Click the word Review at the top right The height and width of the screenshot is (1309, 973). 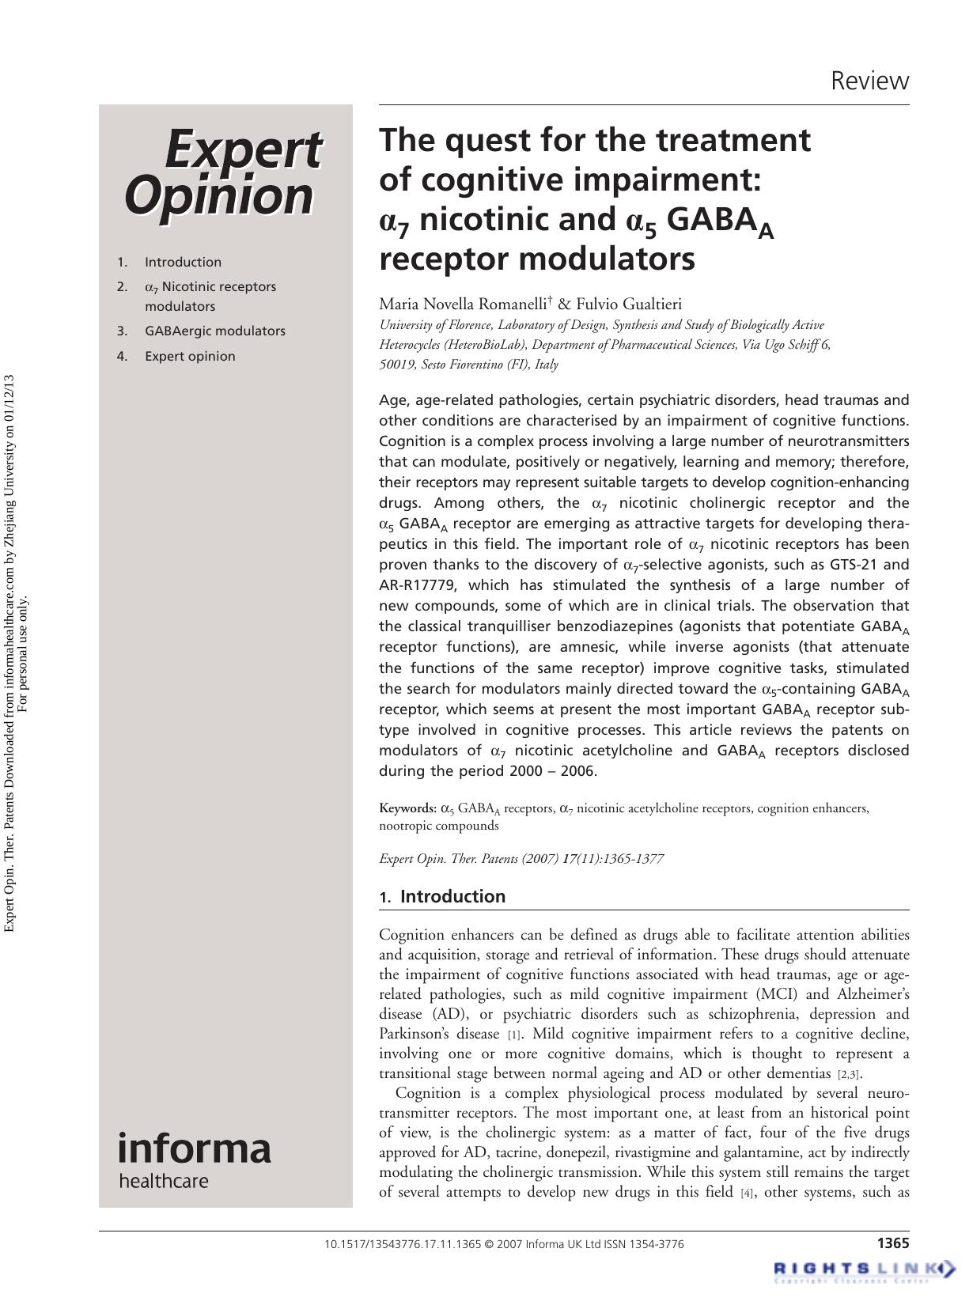[869, 81]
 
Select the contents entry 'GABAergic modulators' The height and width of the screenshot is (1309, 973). [214, 331]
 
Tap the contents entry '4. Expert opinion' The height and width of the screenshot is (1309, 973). [189, 356]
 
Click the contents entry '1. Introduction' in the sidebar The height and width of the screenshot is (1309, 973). [182, 262]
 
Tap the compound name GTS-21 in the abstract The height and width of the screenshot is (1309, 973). [854, 565]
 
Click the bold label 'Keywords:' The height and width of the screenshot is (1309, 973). [407, 808]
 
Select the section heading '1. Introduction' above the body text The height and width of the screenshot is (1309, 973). [442, 896]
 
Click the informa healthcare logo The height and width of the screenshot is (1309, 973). [194, 1159]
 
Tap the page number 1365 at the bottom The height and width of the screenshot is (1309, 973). [892, 1243]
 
